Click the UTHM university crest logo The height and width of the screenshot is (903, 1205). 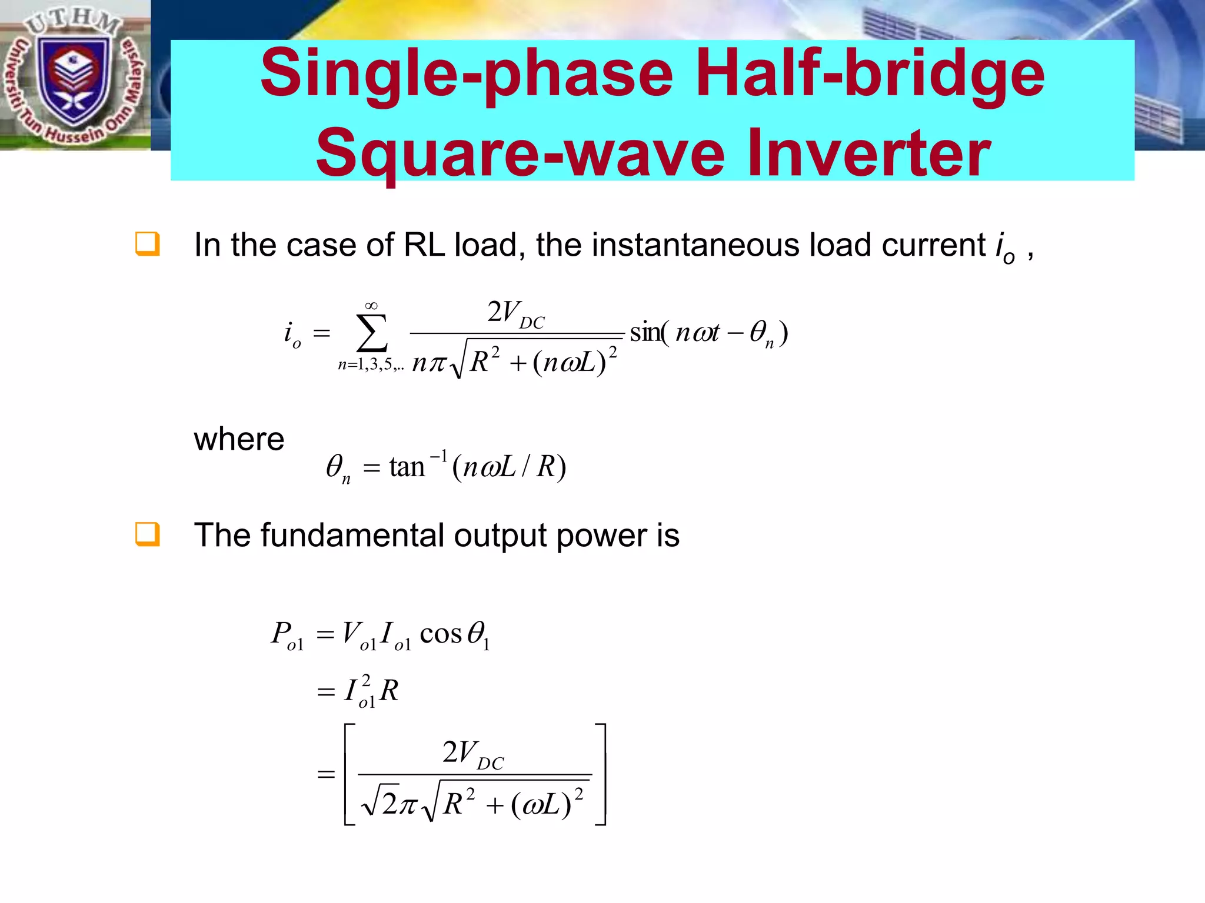click(74, 76)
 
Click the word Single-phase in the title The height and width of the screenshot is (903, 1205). click(466, 75)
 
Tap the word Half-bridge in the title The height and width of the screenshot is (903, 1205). click(870, 75)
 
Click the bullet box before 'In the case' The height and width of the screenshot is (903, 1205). click(147, 244)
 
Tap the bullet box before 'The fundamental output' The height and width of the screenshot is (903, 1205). click(147, 534)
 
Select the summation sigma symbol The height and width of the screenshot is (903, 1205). click(371, 333)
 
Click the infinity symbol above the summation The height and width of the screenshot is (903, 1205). click(371, 306)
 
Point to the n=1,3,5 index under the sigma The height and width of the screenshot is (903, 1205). click(371, 365)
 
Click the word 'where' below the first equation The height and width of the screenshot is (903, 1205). click(239, 439)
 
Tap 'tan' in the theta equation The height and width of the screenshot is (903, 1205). click(407, 467)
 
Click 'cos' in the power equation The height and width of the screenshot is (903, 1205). click(441, 634)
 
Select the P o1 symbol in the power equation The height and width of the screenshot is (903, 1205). click(287, 635)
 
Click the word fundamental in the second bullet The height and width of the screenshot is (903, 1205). click(352, 536)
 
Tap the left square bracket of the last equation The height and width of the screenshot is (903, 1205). click(349, 774)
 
